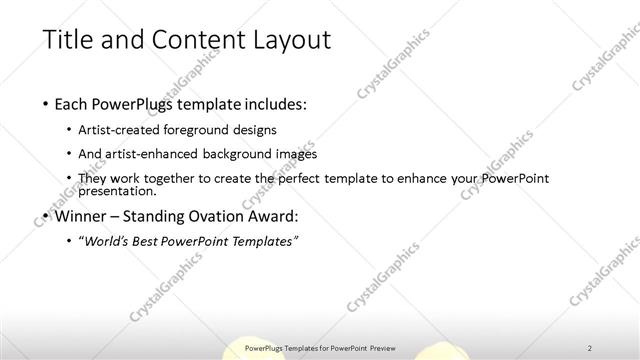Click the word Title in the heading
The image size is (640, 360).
click(67, 40)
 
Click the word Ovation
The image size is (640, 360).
click(226, 215)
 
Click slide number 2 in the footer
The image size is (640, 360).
click(590, 348)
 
